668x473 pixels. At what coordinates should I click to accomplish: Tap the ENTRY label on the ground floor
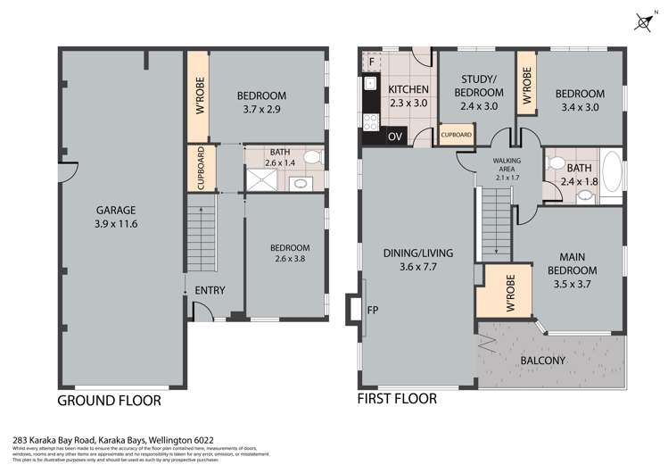(x=210, y=290)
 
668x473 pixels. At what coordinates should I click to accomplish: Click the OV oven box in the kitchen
(x=394, y=137)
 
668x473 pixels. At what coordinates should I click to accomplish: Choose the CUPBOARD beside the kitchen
(x=457, y=135)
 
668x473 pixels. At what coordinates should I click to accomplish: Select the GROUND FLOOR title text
(x=109, y=401)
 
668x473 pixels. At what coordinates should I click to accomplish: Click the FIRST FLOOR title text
(x=397, y=398)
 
